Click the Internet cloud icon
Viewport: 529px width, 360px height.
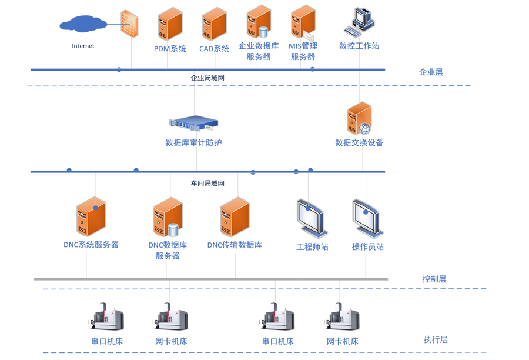83,24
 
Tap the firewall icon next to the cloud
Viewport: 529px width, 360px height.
129,24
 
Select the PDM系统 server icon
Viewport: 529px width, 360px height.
170,24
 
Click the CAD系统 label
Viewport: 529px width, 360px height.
214,49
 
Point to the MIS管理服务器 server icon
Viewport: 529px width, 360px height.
303,23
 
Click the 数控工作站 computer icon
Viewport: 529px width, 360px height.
360,22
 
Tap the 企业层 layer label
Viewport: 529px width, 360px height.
431,72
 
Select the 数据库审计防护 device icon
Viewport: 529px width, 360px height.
194,123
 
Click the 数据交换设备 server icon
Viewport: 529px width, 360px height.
359,118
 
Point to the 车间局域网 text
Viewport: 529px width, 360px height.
207,184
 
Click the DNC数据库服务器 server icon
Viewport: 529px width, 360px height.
168,218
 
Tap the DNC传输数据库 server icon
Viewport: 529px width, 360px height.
235,217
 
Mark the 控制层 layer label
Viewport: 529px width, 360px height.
434,279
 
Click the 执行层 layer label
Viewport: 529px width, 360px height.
436,339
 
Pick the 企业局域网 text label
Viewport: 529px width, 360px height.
207,78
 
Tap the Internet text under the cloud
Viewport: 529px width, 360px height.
83,46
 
